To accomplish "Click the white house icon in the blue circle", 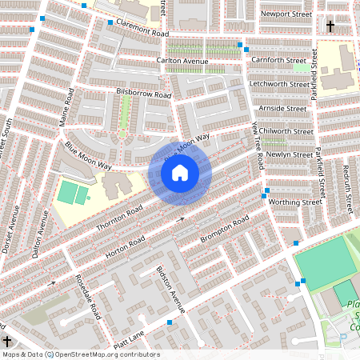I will click(180, 171).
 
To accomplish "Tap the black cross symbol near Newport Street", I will click(330, 26).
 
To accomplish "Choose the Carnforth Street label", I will click(278, 60).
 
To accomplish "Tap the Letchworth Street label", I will click(278, 83).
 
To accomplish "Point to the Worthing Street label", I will click(294, 202).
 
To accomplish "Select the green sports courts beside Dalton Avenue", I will click(73, 193).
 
